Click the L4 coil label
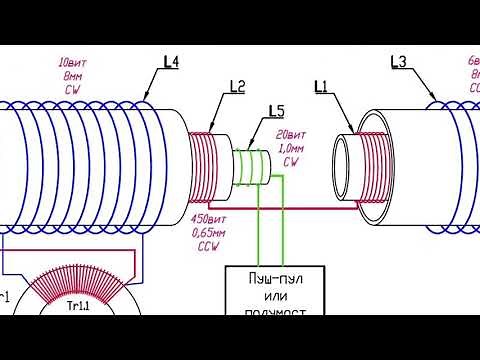click(x=171, y=62)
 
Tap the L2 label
click(x=237, y=87)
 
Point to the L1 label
click(x=321, y=87)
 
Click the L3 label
click(x=398, y=62)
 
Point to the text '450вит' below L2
click(x=207, y=220)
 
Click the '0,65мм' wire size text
click(x=209, y=233)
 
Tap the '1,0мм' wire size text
click(x=291, y=148)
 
